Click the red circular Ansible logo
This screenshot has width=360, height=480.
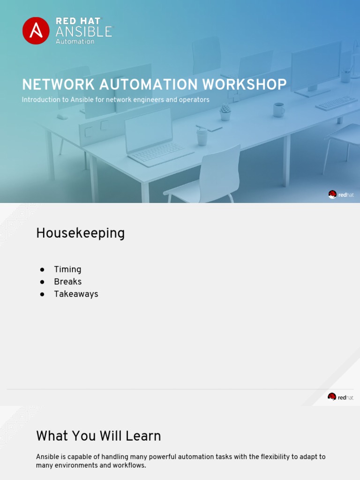point(36,30)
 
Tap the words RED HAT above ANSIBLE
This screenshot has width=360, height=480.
point(78,21)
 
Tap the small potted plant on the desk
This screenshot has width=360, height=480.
point(225,112)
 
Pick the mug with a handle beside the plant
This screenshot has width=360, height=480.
point(278,110)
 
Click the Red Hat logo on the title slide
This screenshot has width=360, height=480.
point(341,195)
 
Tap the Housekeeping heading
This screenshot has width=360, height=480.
point(80,233)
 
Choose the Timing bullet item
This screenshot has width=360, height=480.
point(67,270)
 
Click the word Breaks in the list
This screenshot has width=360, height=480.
point(67,282)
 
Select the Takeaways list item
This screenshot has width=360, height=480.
point(76,294)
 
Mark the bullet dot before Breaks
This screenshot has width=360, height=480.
point(42,282)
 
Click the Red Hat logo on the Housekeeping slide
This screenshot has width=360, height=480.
point(341,397)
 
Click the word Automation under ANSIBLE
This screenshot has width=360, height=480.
point(75,41)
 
